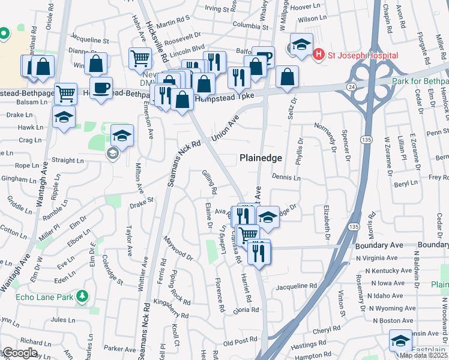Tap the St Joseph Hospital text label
363,56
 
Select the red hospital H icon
318,55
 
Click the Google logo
20,353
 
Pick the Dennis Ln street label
286,178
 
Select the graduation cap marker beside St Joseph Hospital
301,44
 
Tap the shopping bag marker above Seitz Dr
288,76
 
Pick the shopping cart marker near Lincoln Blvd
140,58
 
